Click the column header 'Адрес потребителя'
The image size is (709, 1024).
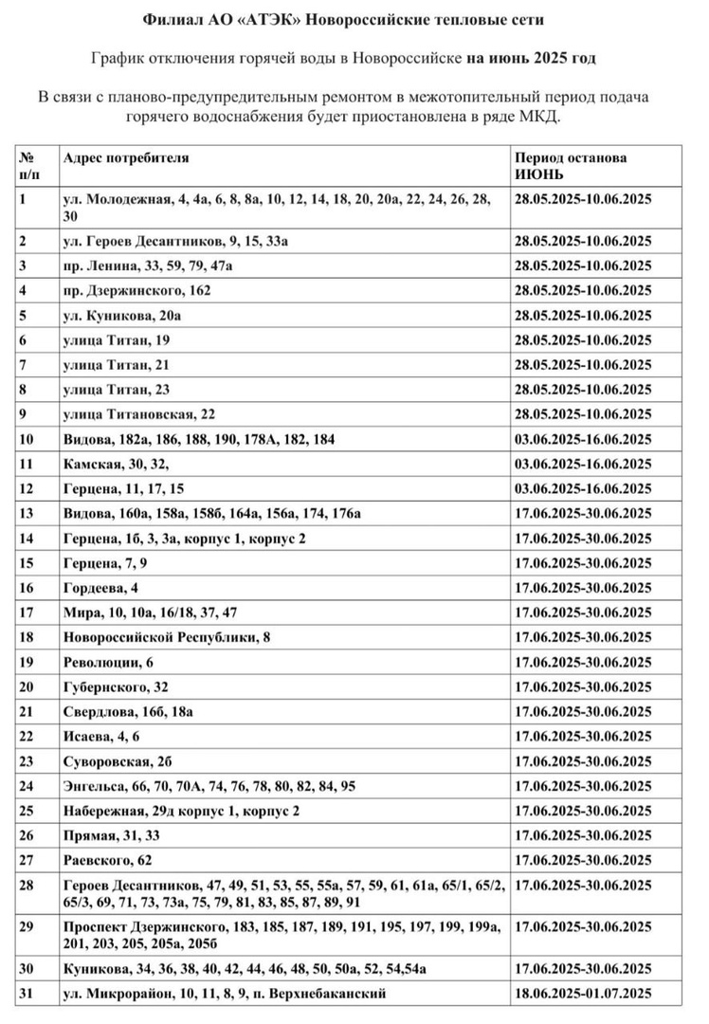click(x=126, y=158)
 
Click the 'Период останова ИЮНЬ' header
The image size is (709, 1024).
click(x=570, y=167)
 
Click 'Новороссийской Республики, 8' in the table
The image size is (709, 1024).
click(x=167, y=637)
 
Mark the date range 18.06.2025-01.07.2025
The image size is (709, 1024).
click(x=583, y=994)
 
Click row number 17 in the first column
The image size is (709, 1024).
click(x=26, y=613)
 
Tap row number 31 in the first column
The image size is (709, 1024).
click(x=26, y=994)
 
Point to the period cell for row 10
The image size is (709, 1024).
click(x=583, y=439)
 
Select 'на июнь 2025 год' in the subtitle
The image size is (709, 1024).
click(x=531, y=59)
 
